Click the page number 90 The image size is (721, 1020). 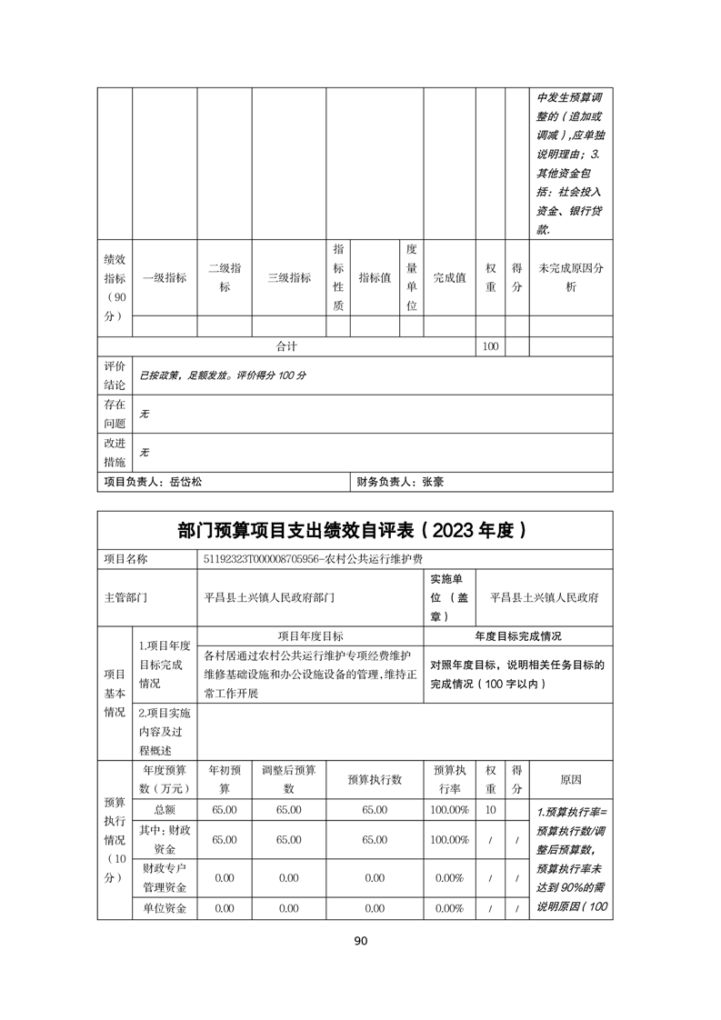360,941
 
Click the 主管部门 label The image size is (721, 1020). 126,597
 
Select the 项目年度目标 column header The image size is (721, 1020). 310,636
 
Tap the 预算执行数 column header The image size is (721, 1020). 375,779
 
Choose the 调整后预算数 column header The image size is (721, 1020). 288,779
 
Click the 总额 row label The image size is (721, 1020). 165,809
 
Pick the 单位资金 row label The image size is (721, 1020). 165,907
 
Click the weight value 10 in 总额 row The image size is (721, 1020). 491,809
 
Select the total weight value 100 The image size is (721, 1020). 491,346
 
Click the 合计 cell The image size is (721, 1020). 287,346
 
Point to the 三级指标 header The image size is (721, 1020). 288,277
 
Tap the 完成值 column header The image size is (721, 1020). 448,277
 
